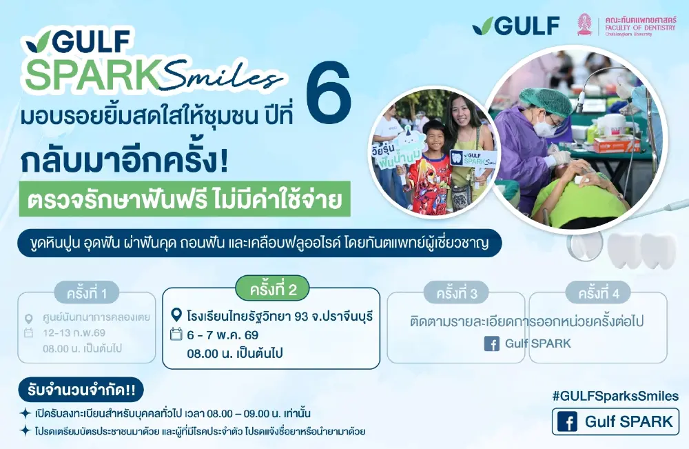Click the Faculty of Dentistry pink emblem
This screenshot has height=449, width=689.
click(x=585, y=24)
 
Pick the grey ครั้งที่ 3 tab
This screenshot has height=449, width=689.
click(x=456, y=293)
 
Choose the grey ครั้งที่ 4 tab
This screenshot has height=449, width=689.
click(x=598, y=293)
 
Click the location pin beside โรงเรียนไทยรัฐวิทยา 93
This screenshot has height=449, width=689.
click(x=176, y=316)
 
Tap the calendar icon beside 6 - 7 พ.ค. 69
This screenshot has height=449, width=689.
click(x=176, y=335)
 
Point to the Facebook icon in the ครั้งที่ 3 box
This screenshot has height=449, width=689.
click(x=491, y=343)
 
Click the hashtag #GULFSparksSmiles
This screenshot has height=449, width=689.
click(x=615, y=396)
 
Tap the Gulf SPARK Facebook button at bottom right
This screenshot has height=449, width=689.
click(x=615, y=422)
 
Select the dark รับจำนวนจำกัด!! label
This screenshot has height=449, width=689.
click(x=81, y=390)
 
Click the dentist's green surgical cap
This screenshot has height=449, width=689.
click(x=545, y=101)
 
